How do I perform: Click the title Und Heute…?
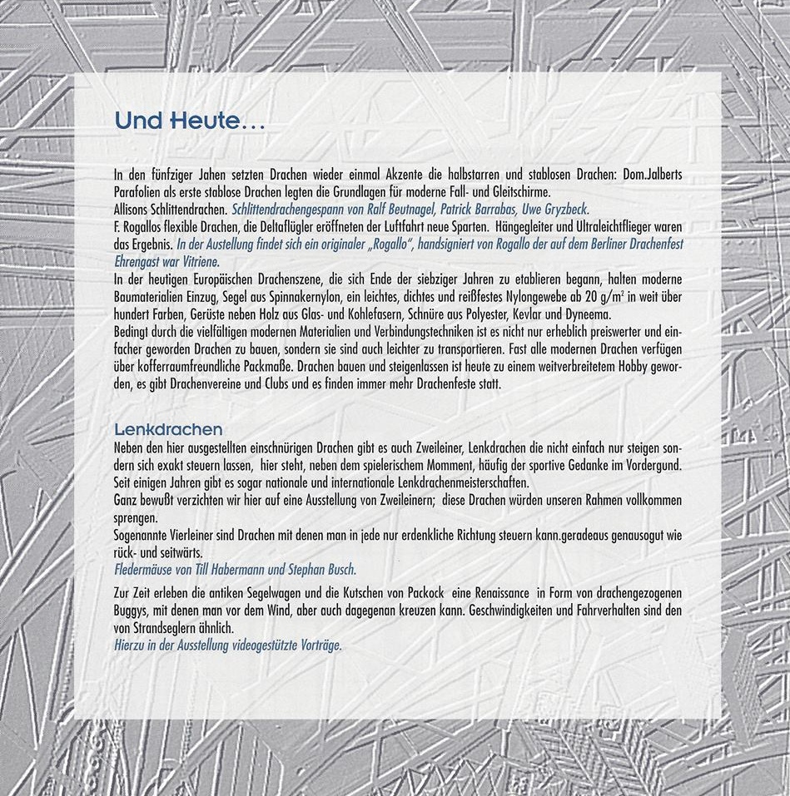point(189,122)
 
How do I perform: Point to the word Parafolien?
point(136,193)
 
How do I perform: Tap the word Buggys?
point(132,611)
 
